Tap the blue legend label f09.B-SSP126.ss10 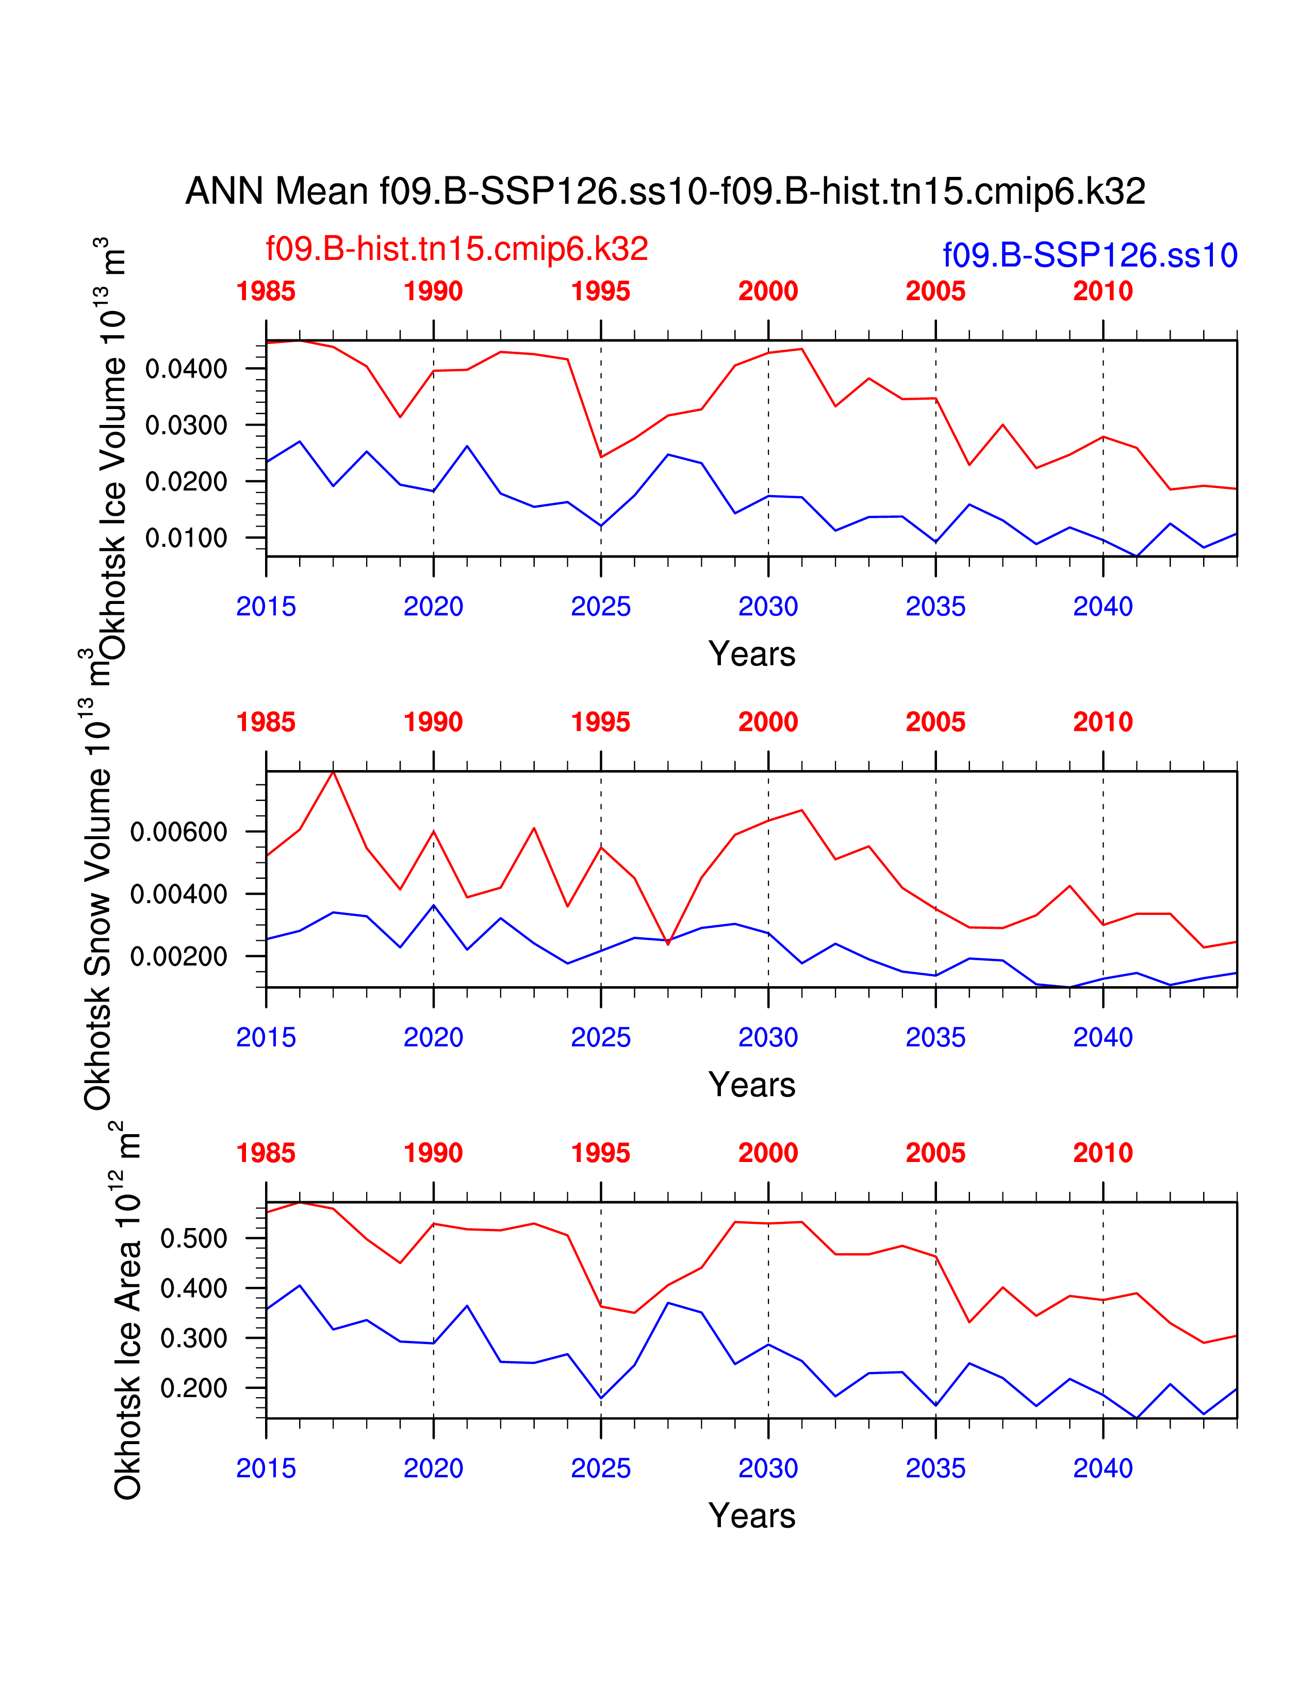click(1089, 256)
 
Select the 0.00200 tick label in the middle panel click(178, 956)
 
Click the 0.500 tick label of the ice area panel click(193, 1238)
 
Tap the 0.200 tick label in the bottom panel click(193, 1388)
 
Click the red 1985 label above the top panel click(266, 291)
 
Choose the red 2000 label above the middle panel click(768, 723)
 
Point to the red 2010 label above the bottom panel click(1103, 1153)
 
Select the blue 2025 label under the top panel click(601, 607)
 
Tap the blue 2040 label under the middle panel click(1103, 1038)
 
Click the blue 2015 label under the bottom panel click(266, 1469)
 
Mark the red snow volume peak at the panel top click(334, 772)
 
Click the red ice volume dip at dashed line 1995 click(601, 456)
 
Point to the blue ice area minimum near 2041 click(1137, 1418)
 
